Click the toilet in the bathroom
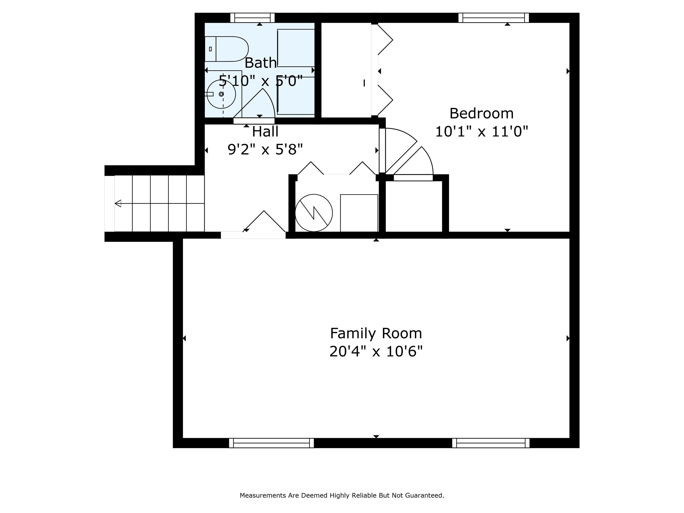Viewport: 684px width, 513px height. pyautogui.click(x=227, y=49)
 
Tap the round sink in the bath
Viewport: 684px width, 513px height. pyautogui.click(x=221, y=94)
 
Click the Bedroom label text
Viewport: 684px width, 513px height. pyautogui.click(x=481, y=114)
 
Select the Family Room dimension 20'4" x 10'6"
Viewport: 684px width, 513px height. pyautogui.click(x=376, y=351)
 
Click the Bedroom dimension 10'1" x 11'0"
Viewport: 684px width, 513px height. pyautogui.click(x=481, y=131)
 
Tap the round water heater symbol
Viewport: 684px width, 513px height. pyautogui.click(x=314, y=213)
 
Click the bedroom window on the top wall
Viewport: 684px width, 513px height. pyautogui.click(x=494, y=18)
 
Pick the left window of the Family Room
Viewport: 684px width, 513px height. pyautogui.click(x=271, y=443)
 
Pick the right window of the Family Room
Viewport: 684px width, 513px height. pyautogui.click(x=491, y=443)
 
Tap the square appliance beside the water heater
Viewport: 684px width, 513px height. pyautogui.click(x=359, y=213)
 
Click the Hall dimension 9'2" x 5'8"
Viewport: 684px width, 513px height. pyautogui.click(x=265, y=150)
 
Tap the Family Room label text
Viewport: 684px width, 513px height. pyautogui.click(x=376, y=333)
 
